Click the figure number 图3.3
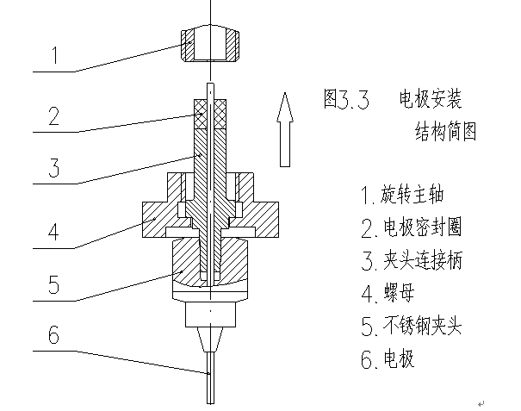point(346,100)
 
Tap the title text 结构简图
point(445,133)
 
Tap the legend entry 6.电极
point(392,358)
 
